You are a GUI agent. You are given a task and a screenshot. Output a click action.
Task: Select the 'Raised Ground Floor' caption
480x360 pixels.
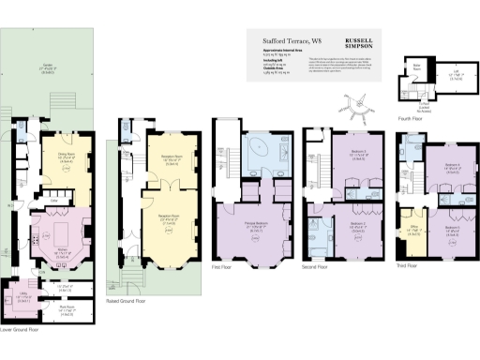pyautogui.click(x=127, y=302)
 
